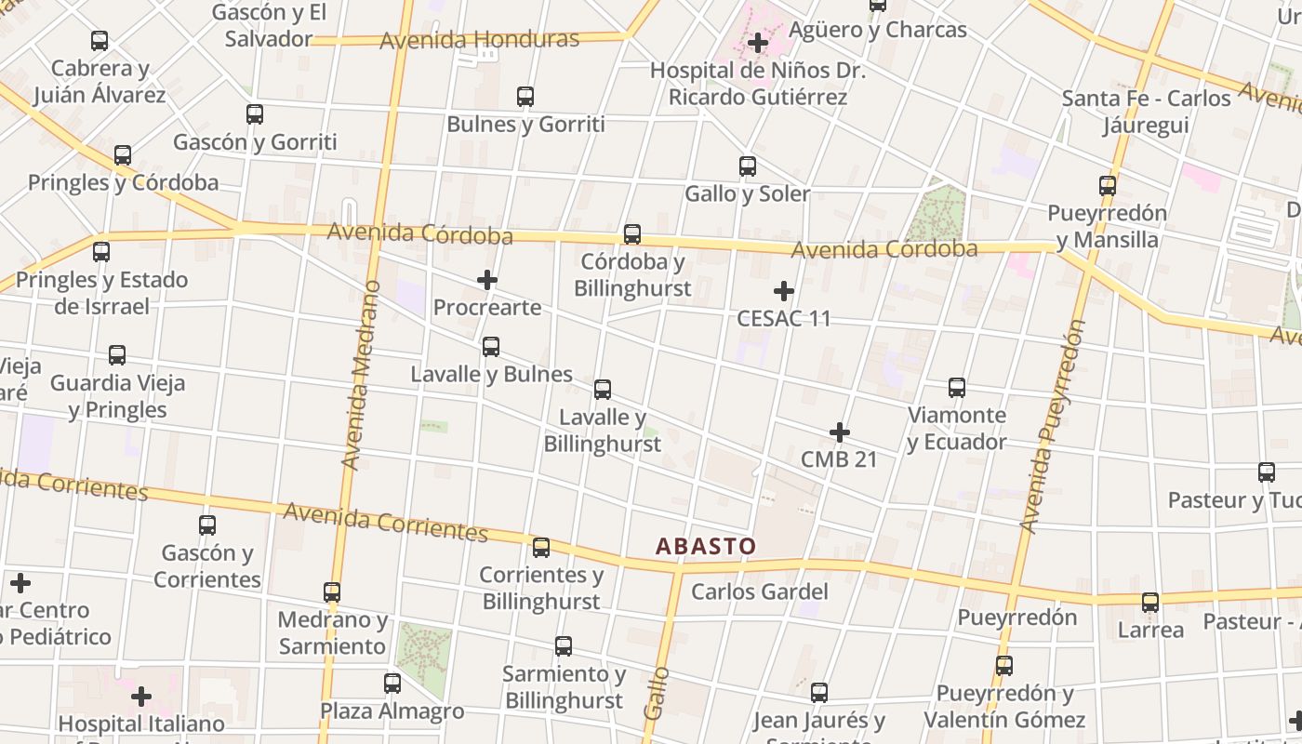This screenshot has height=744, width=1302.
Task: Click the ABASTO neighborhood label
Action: point(706,546)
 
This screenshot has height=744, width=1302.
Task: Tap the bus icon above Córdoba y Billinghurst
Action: point(632,233)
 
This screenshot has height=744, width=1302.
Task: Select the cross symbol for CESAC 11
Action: point(784,291)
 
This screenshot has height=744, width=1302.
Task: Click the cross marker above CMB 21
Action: point(840,432)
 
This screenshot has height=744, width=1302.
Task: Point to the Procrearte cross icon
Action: point(486,280)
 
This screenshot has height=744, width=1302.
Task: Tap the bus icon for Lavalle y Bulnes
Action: point(491,347)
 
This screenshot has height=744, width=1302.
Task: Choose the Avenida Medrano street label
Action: point(362,374)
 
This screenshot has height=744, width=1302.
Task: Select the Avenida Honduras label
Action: point(480,40)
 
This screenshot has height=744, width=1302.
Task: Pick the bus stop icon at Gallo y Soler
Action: point(748,166)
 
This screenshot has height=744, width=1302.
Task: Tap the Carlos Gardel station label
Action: point(759,591)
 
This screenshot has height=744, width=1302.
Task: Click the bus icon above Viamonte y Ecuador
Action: point(957,388)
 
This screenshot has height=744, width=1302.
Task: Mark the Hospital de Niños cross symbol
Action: point(758,43)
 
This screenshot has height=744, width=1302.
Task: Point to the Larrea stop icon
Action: point(1150,603)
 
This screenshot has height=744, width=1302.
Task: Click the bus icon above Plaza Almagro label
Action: point(392,684)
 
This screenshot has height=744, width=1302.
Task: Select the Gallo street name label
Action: point(656,692)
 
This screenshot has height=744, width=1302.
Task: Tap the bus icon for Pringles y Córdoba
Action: point(123,155)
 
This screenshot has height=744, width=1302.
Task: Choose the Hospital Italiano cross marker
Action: point(141,696)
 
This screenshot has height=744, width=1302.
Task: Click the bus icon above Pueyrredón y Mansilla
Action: point(1107,185)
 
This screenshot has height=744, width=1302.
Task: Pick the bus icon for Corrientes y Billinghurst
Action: point(541,547)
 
